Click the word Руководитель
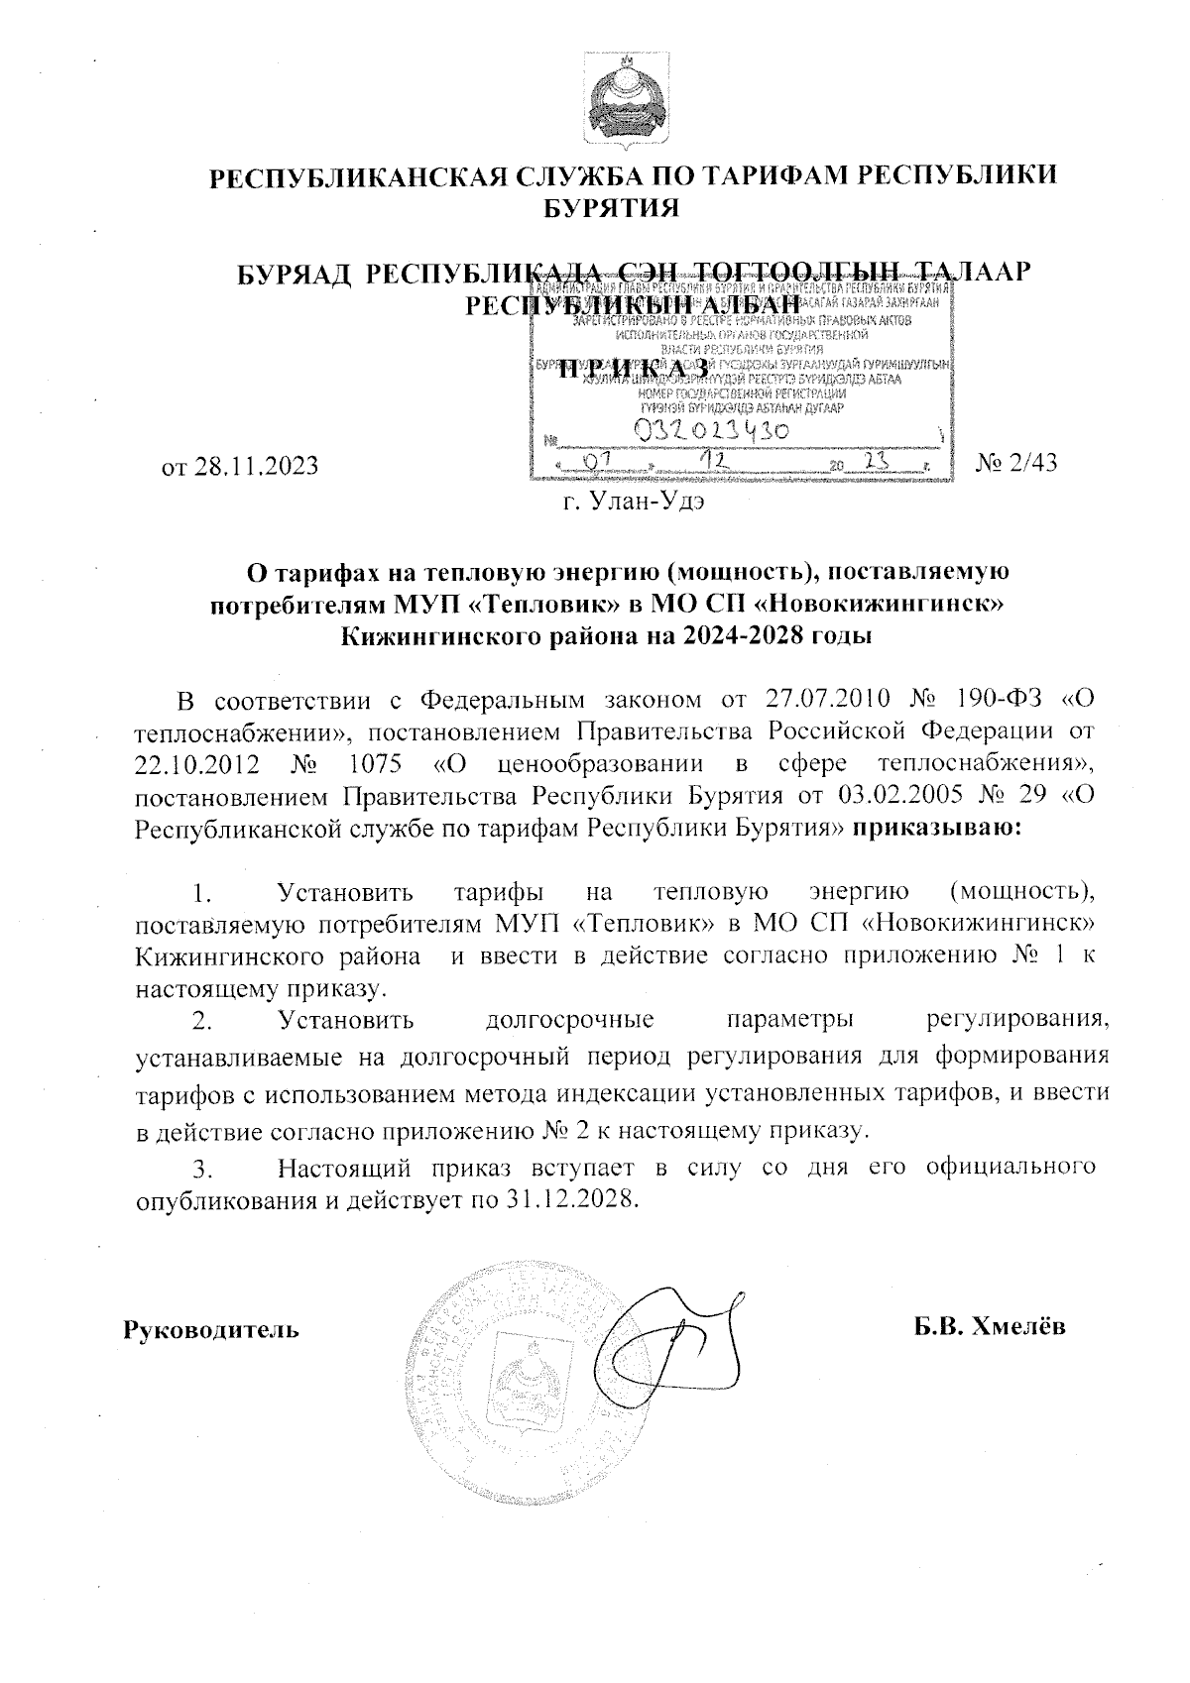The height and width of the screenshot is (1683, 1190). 210,1328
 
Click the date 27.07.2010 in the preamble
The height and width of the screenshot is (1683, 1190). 825,700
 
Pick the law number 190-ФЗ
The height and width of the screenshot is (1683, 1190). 1003,700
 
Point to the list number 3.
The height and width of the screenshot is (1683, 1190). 204,1170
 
